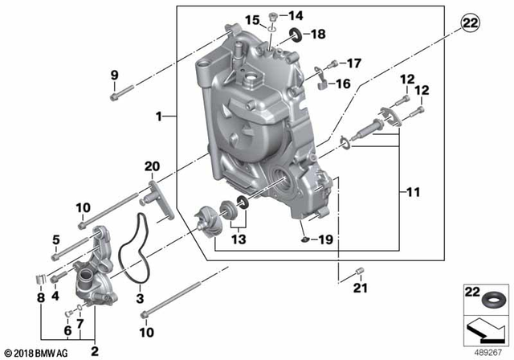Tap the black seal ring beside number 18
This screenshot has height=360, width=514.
[x=296, y=35]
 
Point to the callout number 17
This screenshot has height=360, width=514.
[x=354, y=63]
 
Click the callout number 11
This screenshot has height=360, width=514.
[x=414, y=192]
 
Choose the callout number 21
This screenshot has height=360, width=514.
[x=361, y=288]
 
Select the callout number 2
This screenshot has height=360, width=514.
[x=94, y=350]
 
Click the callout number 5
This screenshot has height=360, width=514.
[x=56, y=239]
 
